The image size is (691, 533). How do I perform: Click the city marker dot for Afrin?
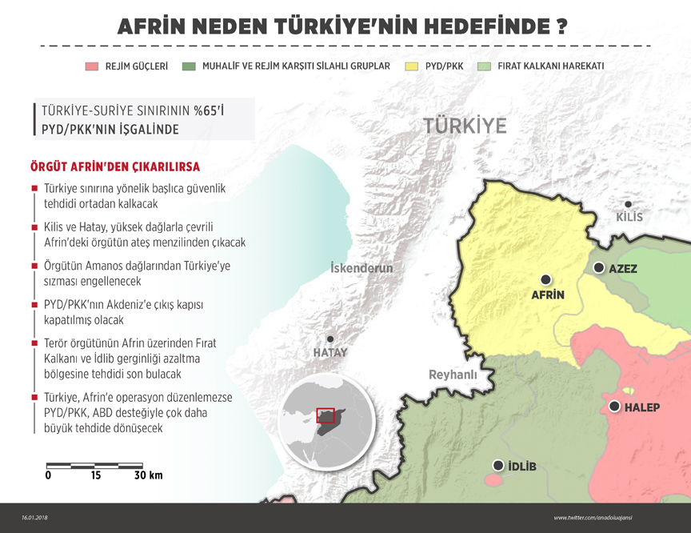click(x=546, y=279)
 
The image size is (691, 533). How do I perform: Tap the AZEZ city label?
click(x=623, y=269)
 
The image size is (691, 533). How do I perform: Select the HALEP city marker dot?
click(x=614, y=407)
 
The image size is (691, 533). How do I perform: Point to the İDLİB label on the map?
click(x=521, y=467)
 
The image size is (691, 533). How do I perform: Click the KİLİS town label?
click(x=629, y=217)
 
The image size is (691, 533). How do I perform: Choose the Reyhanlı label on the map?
click(x=453, y=375)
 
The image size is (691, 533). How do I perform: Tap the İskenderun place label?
click(x=361, y=268)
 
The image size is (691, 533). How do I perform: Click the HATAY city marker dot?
click(x=330, y=339)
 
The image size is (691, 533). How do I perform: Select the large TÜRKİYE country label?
click(x=465, y=126)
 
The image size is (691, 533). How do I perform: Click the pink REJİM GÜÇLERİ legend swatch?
click(x=91, y=66)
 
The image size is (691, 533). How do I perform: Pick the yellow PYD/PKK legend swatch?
click(x=413, y=66)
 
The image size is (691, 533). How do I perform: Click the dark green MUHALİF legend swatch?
click(x=189, y=66)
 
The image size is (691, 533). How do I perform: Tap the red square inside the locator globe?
click(x=325, y=415)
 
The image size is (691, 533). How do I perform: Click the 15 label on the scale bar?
click(x=96, y=475)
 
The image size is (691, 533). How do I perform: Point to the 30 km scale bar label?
click(x=148, y=475)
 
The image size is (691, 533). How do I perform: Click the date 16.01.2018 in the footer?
click(x=37, y=518)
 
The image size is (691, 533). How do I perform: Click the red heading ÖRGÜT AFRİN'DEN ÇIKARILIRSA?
click(x=114, y=167)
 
